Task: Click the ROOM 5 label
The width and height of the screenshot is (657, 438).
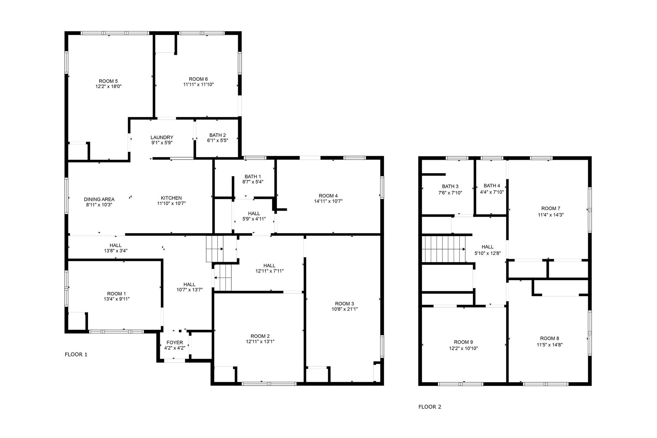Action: click(108, 81)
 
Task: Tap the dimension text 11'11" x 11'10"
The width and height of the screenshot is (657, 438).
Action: click(198, 85)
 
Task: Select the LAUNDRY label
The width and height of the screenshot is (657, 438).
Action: click(162, 137)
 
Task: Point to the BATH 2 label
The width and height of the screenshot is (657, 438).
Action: click(218, 135)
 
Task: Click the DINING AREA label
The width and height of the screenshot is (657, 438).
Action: click(99, 199)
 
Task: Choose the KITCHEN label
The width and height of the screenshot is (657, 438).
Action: click(171, 198)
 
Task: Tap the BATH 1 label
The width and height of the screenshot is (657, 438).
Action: click(253, 177)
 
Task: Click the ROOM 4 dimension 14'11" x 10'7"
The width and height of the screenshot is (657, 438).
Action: click(328, 201)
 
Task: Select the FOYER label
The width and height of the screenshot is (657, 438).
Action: click(175, 343)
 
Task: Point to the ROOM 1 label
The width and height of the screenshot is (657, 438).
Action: click(116, 294)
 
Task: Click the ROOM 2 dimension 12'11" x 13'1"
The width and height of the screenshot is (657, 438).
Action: click(260, 342)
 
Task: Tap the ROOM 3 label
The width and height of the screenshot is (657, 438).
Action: click(345, 304)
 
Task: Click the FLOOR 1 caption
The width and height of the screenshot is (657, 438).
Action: click(76, 355)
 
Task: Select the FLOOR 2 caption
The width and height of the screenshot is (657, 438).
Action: click(430, 407)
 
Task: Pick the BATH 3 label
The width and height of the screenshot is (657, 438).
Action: click(450, 186)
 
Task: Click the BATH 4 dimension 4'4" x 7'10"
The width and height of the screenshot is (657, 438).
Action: click(492, 192)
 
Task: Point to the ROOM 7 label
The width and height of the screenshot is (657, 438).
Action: click(551, 208)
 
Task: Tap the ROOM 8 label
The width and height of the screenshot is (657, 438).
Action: click(550, 338)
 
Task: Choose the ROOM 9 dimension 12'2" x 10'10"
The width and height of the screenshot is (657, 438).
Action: click(463, 349)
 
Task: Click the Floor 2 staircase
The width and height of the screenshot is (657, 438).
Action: click(444, 249)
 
